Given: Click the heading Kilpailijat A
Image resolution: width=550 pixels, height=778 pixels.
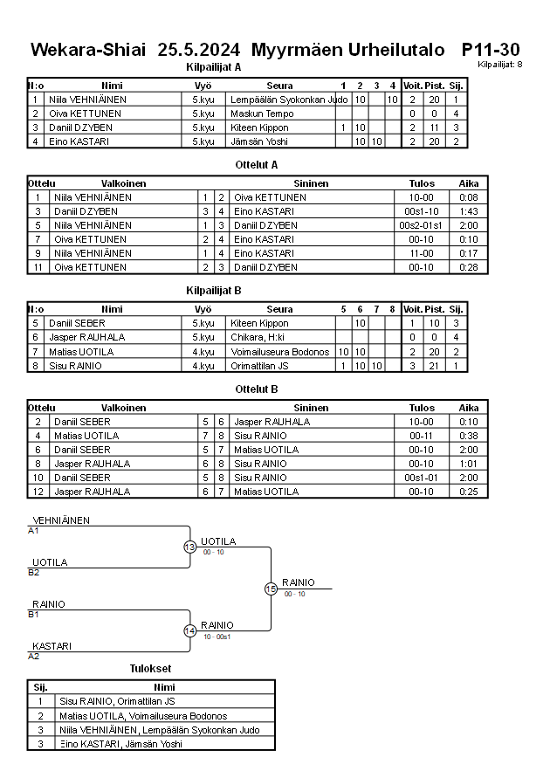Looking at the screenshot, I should click(x=213, y=66).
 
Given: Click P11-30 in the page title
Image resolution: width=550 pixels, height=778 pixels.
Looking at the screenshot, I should click(x=491, y=50).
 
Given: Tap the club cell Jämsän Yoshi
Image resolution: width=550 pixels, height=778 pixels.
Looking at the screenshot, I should click(x=259, y=141).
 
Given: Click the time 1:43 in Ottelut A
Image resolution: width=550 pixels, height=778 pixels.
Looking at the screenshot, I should click(x=468, y=211).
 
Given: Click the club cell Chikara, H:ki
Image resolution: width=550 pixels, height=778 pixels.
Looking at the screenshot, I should click(x=260, y=337).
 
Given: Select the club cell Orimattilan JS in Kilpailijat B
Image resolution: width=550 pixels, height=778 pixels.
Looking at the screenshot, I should click(x=265, y=365).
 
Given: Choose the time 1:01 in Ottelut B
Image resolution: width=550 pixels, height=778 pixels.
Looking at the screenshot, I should click(x=468, y=464).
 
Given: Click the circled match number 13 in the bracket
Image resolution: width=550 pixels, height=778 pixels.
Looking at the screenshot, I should click(x=189, y=547).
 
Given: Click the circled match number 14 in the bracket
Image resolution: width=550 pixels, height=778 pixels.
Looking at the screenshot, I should click(x=189, y=630).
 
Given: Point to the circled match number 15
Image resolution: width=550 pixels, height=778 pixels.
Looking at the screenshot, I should click(x=271, y=589).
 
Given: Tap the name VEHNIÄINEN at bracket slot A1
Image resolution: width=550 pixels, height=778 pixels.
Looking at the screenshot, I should click(x=61, y=520).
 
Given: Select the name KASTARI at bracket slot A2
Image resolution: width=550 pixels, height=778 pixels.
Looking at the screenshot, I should click(x=52, y=646).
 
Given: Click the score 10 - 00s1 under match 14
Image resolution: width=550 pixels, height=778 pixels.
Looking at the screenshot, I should click(x=217, y=637).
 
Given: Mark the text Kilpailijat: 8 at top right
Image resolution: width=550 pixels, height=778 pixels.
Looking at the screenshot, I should click(x=500, y=65).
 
